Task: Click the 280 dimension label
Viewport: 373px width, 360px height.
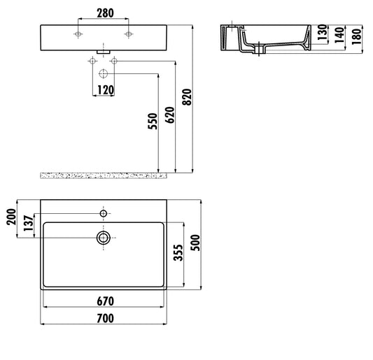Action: (x=104, y=14)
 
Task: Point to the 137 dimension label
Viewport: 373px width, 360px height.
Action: (x=27, y=224)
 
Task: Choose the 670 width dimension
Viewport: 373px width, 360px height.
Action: (x=104, y=301)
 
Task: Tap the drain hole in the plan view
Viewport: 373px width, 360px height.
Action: (x=104, y=238)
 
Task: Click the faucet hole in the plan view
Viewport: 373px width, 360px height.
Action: (x=104, y=212)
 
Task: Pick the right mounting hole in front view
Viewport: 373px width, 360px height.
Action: (x=128, y=34)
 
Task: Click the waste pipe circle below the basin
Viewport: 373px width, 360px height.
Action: (x=104, y=73)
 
